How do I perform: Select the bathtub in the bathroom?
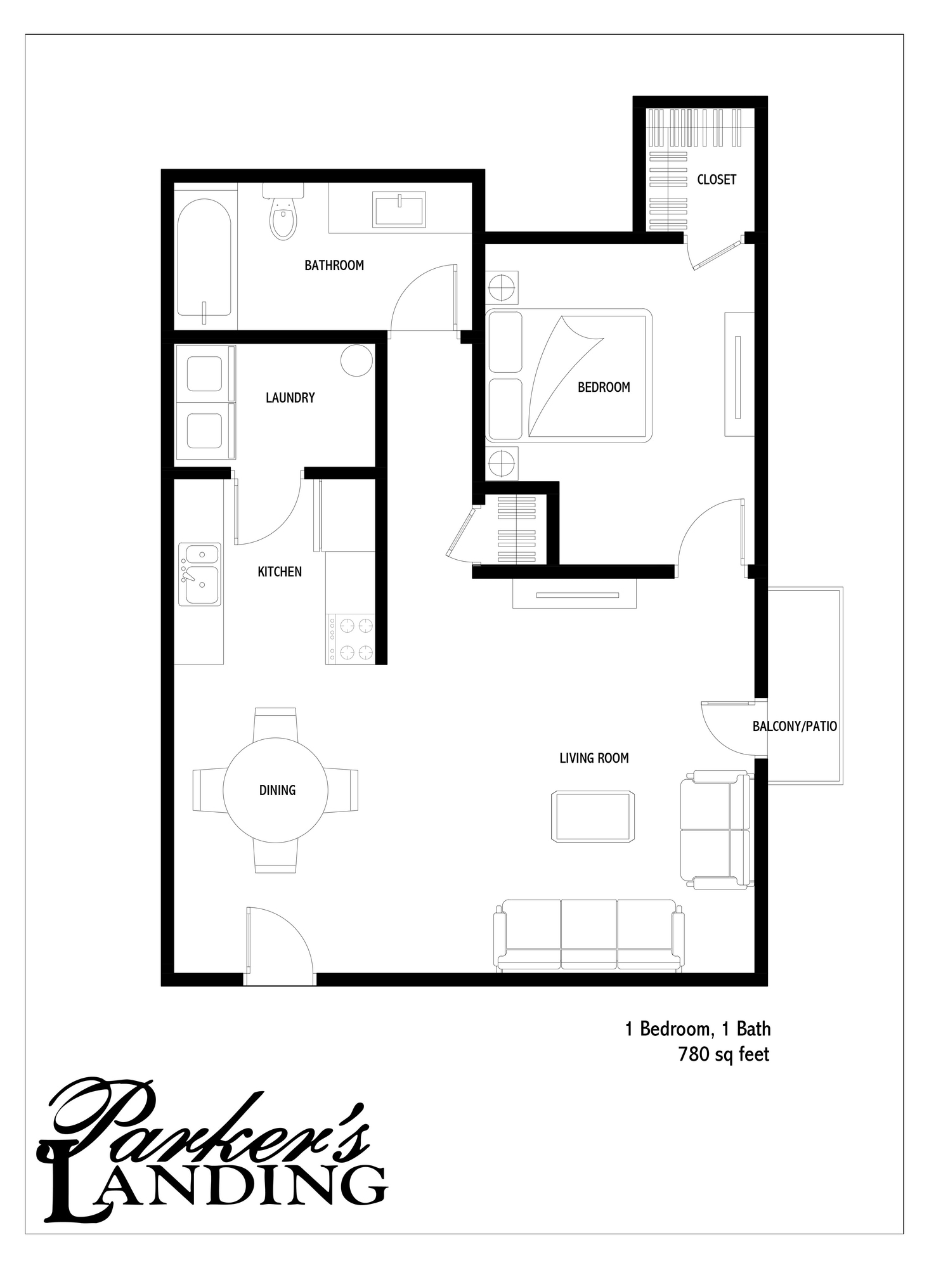click(204, 257)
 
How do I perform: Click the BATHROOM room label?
click(334, 266)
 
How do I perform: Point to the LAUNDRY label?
click(290, 398)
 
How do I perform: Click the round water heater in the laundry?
click(356, 360)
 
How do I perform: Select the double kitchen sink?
click(200, 574)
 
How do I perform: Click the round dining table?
click(276, 790)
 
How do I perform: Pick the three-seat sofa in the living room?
click(589, 935)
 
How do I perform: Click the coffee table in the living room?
click(593, 817)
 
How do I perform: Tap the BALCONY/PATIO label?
click(795, 727)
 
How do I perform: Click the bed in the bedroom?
click(568, 375)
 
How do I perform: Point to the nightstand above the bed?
click(502, 288)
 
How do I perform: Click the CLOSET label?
click(717, 180)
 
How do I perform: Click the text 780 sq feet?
click(724, 1055)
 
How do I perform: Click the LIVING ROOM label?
click(594, 758)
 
